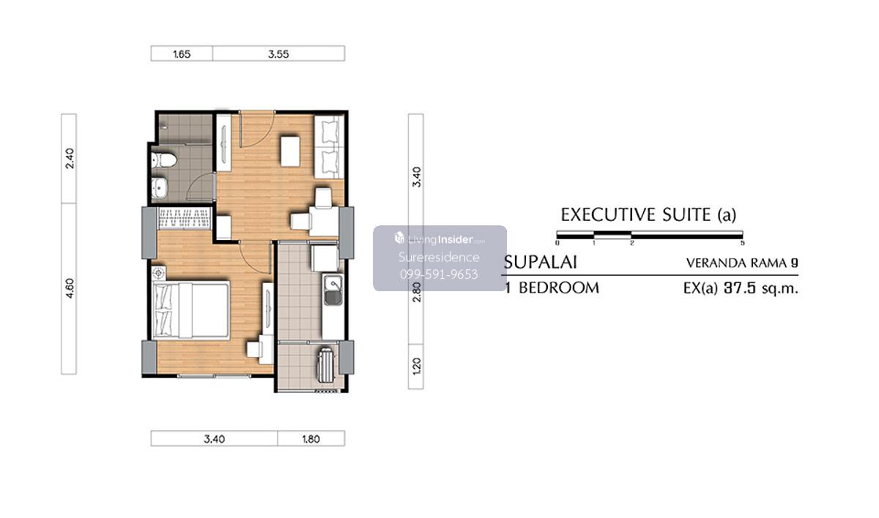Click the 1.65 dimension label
(x=182, y=54)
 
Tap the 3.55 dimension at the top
(x=278, y=54)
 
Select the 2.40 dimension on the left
(x=70, y=158)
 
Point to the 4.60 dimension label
(x=70, y=288)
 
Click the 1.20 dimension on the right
(x=417, y=366)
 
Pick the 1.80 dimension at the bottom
(x=311, y=439)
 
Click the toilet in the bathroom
(x=164, y=160)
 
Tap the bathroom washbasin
(x=159, y=187)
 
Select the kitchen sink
(x=333, y=289)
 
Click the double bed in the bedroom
(x=191, y=309)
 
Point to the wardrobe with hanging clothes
(x=185, y=218)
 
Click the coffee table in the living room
(x=290, y=151)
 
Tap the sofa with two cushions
(x=329, y=147)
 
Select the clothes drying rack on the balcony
(x=327, y=365)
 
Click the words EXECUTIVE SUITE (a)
(x=648, y=214)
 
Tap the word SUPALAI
(x=541, y=263)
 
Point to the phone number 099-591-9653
(x=439, y=274)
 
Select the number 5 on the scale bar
(x=742, y=244)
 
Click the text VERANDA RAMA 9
(x=742, y=263)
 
